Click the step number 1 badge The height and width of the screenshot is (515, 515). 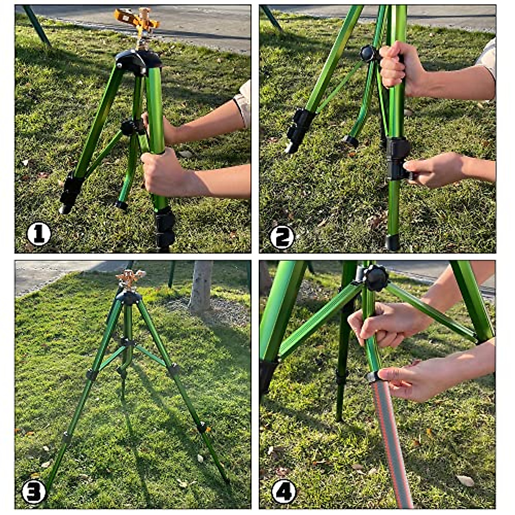(39, 234)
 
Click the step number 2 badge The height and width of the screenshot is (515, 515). (282, 237)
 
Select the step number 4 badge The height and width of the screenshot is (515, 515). (284, 491)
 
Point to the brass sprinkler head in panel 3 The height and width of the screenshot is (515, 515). (129, 279)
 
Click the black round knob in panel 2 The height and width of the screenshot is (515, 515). (368, 54)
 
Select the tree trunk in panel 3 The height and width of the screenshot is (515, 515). (201, 285)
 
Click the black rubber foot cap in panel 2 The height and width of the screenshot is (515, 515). (392, 242)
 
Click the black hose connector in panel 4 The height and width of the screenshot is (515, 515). (373, 377)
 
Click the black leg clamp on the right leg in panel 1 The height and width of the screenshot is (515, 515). (165, 227)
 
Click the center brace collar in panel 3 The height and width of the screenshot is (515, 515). (127, 342)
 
